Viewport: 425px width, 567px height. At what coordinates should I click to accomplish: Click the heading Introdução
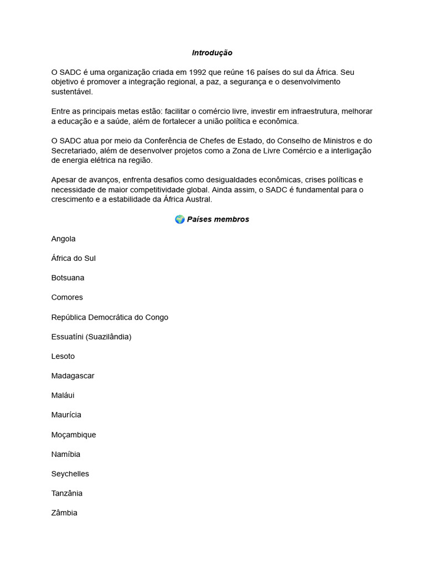pyautogui.click(x=212, y=53)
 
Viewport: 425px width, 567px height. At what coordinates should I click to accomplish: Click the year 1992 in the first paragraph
pyautogui.click(x=198, y=72)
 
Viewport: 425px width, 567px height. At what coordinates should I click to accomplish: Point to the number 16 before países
pyautogui.click(x=254, y=72)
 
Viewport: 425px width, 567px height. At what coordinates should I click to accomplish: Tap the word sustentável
pyautogui.click(x=72, y=92)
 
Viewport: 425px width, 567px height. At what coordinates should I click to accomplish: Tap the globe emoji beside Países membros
pyautogui.click(x=180, y=219)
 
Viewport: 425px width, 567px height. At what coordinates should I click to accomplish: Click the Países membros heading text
pyautogui.click(x=218, y=219)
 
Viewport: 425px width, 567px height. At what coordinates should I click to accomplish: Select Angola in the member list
pyautogui.click(x=63, y=239)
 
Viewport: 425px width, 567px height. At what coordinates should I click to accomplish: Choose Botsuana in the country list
pyautogui.click(x=68, y=278)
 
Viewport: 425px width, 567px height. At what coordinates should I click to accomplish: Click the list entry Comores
pyautogui.click(x=67, y=297)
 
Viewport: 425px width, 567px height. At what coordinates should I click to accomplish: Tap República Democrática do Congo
pyautogui.click(x=110, y=317)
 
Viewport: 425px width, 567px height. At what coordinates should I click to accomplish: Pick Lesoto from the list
pyautogui.click(x=63, y=356)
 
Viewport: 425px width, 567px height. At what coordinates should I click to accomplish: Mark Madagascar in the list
pyautogui.click(x=72, y=375)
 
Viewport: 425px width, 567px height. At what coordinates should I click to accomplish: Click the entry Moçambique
pyautogui.click(x=74, y=435)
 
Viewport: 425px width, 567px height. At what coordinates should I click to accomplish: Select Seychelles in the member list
pyautogui.click(x=70, y=473)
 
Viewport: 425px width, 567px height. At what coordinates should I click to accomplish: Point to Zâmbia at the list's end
pyautogui.click(x=64, y=513)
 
